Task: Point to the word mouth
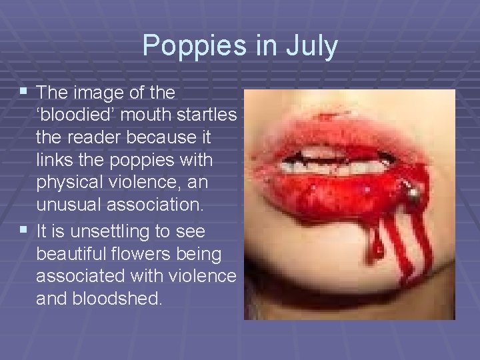pyautogui.click(x=139, y=115)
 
